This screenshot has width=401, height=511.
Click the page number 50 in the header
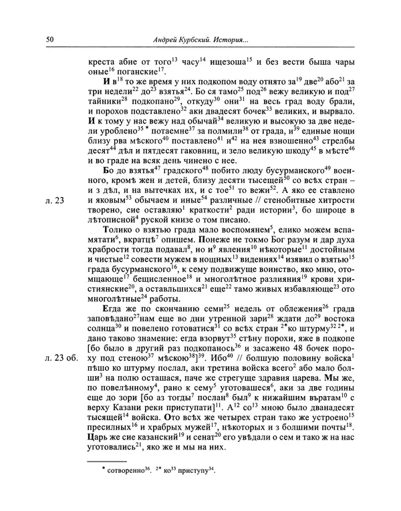(51, 41)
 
